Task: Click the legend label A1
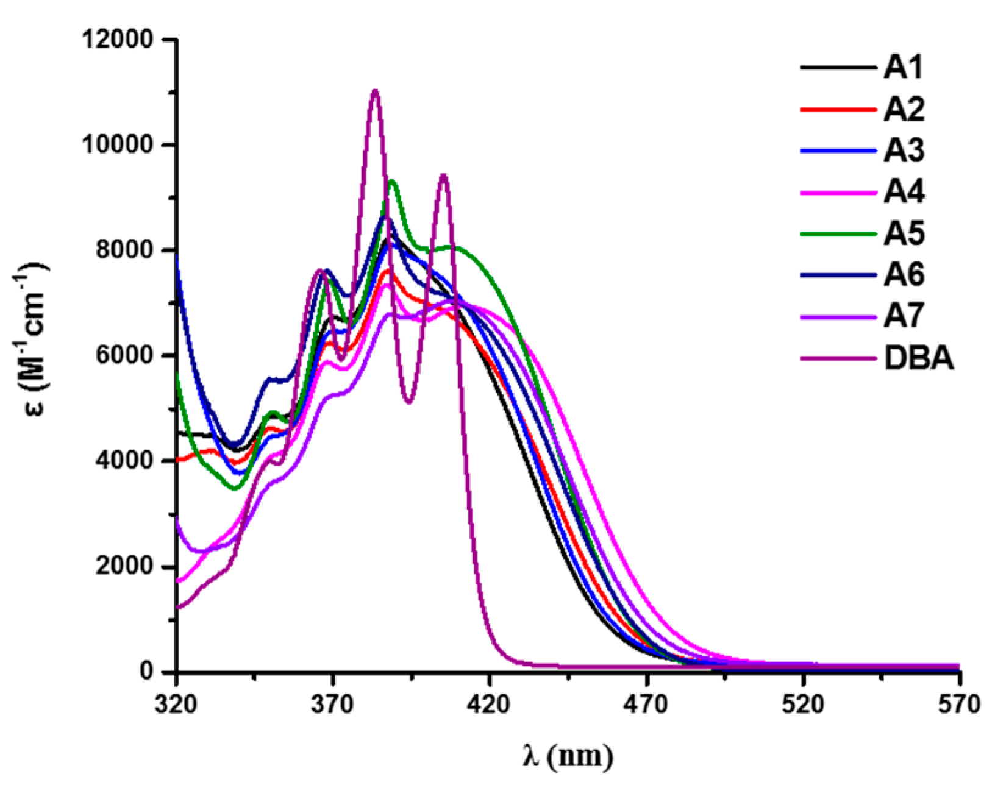(903, 68)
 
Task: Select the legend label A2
(904, 110)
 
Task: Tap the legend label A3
(904, 151)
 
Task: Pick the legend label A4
(904, 192)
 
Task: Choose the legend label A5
(904, 233)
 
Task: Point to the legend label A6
(904, 275)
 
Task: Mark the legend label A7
(904, 316)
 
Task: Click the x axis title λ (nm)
(568, 756)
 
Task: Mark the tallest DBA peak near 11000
(375, 91)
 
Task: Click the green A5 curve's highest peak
(392, 181)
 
